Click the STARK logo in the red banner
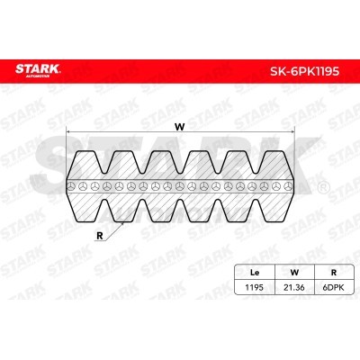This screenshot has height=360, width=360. point(38,69)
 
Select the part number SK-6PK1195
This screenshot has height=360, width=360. point(305,71)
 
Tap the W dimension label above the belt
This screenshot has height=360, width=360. point(180,127)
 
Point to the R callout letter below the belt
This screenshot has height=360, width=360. point(100,236)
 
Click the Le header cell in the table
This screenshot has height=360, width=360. point(255,273)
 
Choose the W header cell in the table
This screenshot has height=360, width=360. point(294,273)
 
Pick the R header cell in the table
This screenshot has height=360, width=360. point(334,273)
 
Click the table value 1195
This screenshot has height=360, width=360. point(255,287)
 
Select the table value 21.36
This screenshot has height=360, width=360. point(294,287)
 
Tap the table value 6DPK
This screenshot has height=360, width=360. point(334,287)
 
